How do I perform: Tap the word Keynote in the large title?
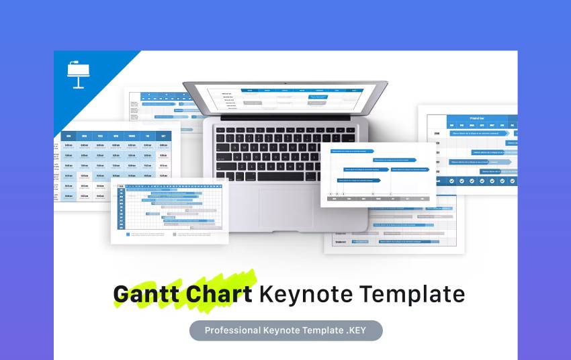point(306,294)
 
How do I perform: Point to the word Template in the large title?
point(412,294)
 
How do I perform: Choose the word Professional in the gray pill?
point(232,330)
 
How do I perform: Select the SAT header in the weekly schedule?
point(163,136)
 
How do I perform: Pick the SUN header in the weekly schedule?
point(69,136)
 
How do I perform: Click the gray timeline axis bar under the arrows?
point(378,198)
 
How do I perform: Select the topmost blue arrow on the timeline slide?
point(353,152)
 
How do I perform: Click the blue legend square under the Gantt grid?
point(128,235)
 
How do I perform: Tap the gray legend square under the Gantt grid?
point(175,235)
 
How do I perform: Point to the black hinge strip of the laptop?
point(285,118)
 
